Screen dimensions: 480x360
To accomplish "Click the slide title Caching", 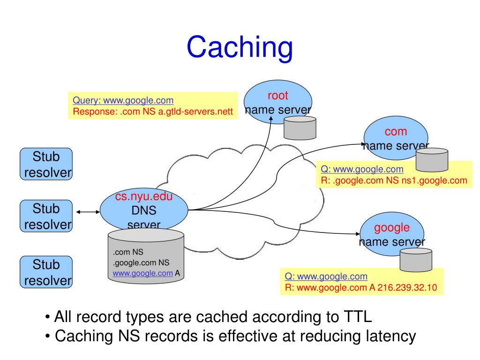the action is (240, 47).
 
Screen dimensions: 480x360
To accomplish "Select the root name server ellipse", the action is (277, 102).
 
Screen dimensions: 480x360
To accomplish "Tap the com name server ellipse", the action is (396, 138).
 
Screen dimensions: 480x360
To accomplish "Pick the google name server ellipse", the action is (392, 234).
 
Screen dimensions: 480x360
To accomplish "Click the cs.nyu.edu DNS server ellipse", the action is (144, 210).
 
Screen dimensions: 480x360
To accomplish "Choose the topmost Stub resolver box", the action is (46, 164).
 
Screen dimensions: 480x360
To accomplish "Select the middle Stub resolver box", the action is (46, 216).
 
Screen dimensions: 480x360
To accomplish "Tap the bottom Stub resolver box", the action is (46, 272).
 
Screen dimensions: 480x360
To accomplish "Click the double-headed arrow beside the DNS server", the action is (88, 212).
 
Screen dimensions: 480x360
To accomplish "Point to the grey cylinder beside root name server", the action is (300, 128).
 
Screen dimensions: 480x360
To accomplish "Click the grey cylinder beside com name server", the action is (432, 160).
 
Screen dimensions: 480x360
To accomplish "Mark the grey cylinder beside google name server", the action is (416, 260).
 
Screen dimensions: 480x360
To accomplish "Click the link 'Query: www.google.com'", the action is (123, 100).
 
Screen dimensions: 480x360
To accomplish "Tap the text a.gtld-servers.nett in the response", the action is (195, 112).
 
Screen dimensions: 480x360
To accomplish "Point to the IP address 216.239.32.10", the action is (407, 287).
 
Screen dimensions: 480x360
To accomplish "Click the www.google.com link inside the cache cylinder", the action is (142, 273).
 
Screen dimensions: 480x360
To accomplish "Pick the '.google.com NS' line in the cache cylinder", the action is (141, 262).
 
